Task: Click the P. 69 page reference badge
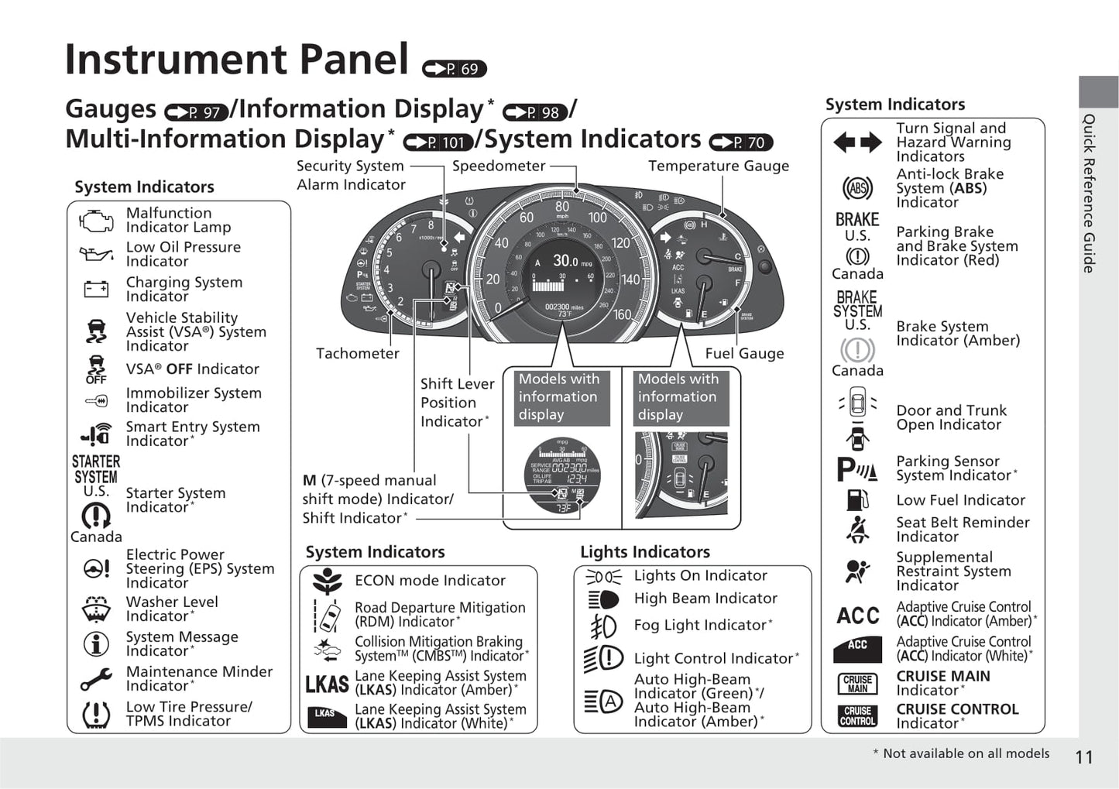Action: point(455,69)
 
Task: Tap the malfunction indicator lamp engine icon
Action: point(96,221)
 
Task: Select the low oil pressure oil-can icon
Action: point(96,254)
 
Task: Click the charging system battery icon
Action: point(96,290)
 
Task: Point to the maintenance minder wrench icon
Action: point(96,679)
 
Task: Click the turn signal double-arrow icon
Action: point(857,142)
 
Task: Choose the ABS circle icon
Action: point(857,188)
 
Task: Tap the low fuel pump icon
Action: point(857,499)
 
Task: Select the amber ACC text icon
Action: point(857,616)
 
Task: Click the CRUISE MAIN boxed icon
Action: point(857,684)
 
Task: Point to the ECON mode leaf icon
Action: point(328,581)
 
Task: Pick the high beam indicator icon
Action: point(603,599)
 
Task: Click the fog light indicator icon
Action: point(603,626)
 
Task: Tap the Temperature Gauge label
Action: point(719,166)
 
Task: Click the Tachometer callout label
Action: point(357,354)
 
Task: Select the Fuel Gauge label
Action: point(744,354)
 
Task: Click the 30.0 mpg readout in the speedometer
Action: point(565,262)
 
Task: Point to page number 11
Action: point(1084,757)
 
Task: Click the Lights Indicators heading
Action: point(644,552)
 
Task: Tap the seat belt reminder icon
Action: point(857,530)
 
